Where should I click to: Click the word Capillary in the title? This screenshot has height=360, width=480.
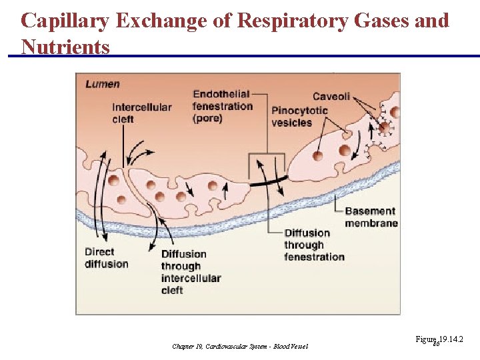coord(65,21)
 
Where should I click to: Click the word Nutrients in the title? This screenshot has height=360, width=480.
coord(65,47)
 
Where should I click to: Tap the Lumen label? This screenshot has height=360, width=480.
coord(103,84)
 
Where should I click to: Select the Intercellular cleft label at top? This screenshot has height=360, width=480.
coord(141,113)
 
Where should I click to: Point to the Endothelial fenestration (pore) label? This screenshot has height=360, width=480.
coord(223,107)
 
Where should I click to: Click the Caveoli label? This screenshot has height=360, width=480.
coord(331,97)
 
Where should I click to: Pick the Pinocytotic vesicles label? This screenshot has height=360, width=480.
coord(300,116)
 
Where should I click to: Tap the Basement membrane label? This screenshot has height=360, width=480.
coord(371,217)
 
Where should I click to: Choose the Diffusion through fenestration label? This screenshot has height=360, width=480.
coord(314,245)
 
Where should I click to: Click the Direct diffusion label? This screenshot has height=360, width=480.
coord(106,258)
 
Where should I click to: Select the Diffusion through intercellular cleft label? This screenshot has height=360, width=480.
coord(191,271)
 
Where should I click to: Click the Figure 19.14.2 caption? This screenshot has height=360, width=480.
coord(439,340)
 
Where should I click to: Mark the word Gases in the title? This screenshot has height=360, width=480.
coord(385,21)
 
